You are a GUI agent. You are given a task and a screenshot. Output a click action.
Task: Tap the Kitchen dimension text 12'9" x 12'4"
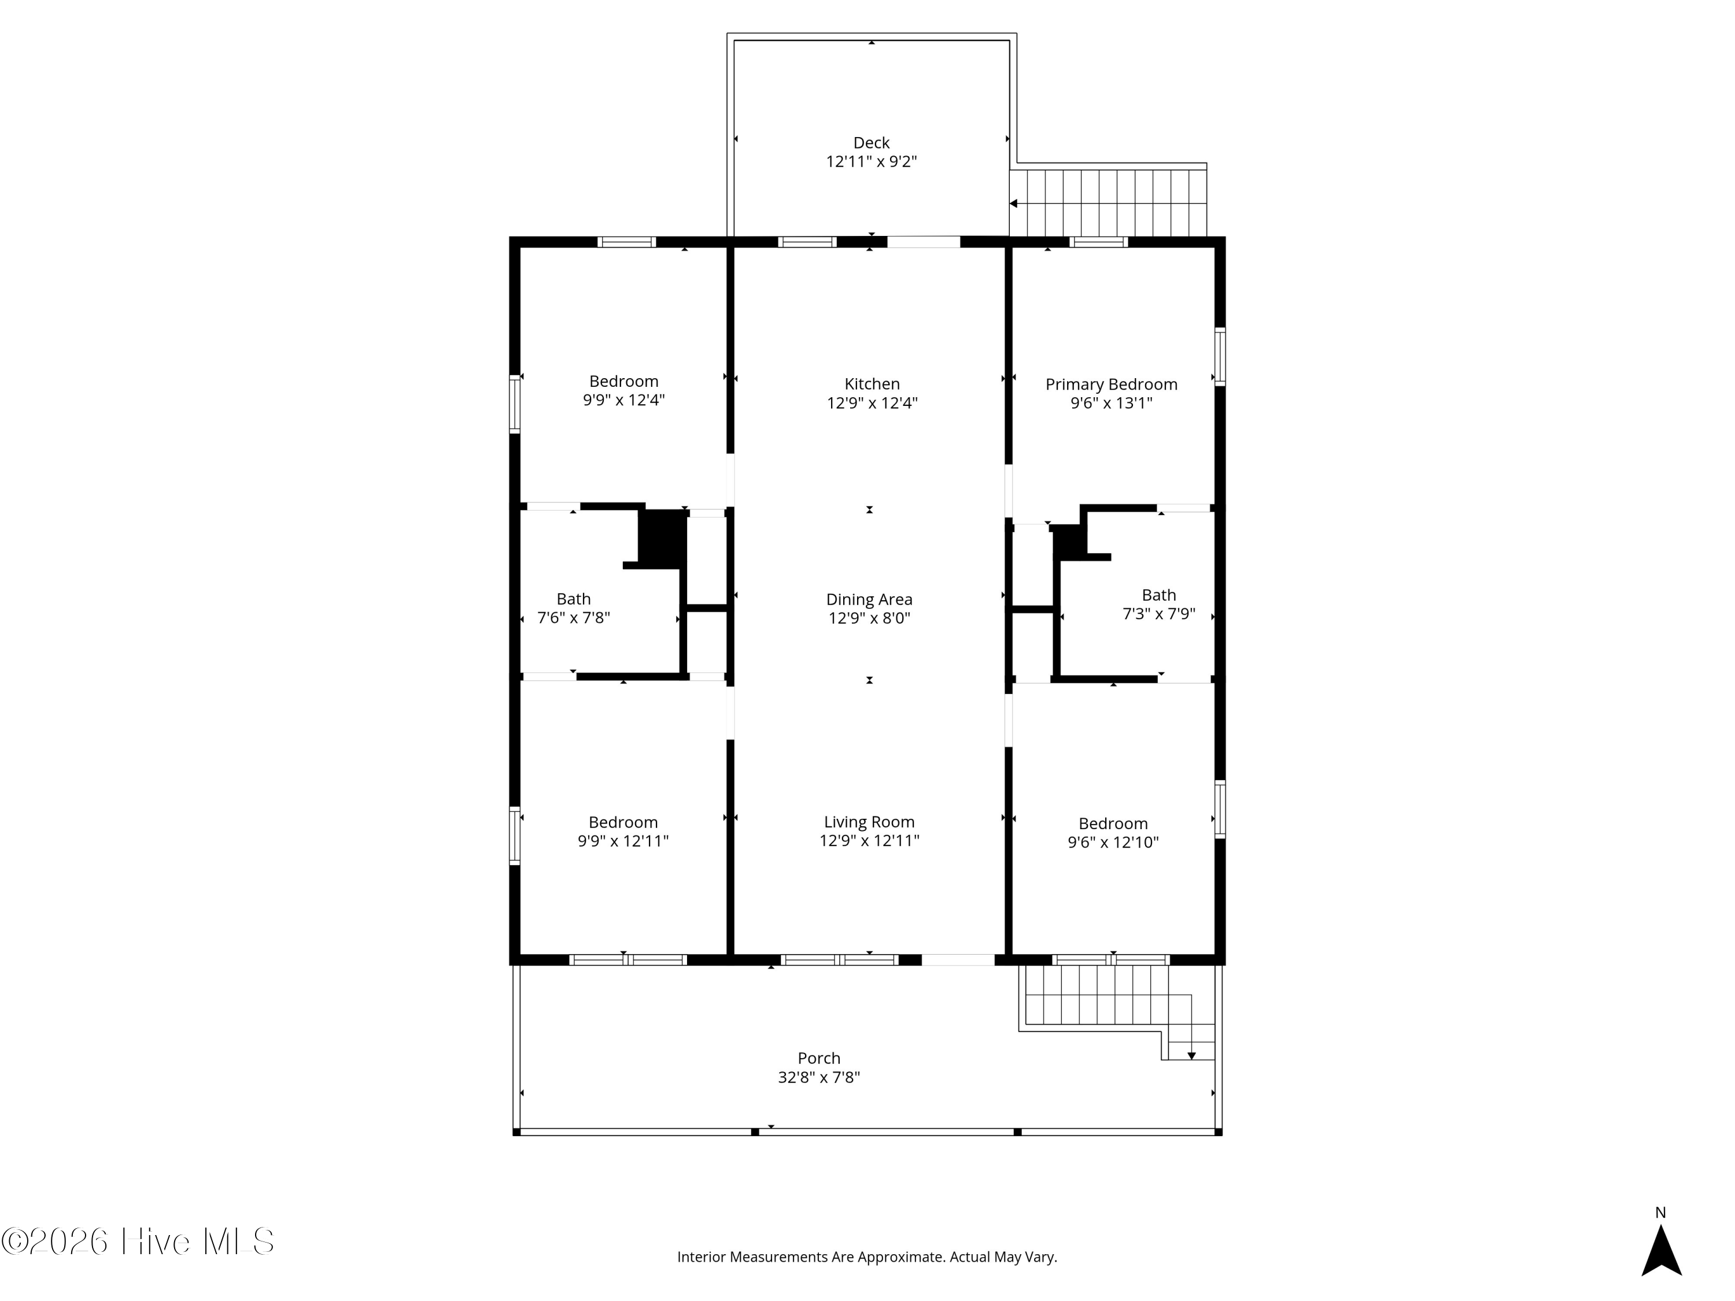872,403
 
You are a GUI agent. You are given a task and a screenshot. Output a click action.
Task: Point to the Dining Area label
869,600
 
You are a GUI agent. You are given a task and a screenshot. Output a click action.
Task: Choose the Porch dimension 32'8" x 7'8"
819,1077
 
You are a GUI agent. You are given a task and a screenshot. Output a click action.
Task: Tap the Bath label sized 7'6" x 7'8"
573,599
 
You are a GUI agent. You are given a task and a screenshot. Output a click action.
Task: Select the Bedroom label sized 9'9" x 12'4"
623,382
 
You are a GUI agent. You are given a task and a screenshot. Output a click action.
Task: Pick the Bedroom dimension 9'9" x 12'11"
623,841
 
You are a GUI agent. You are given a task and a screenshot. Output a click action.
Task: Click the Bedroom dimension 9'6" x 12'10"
1113,843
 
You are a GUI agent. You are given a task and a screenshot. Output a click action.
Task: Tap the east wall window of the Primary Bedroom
1220,357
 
